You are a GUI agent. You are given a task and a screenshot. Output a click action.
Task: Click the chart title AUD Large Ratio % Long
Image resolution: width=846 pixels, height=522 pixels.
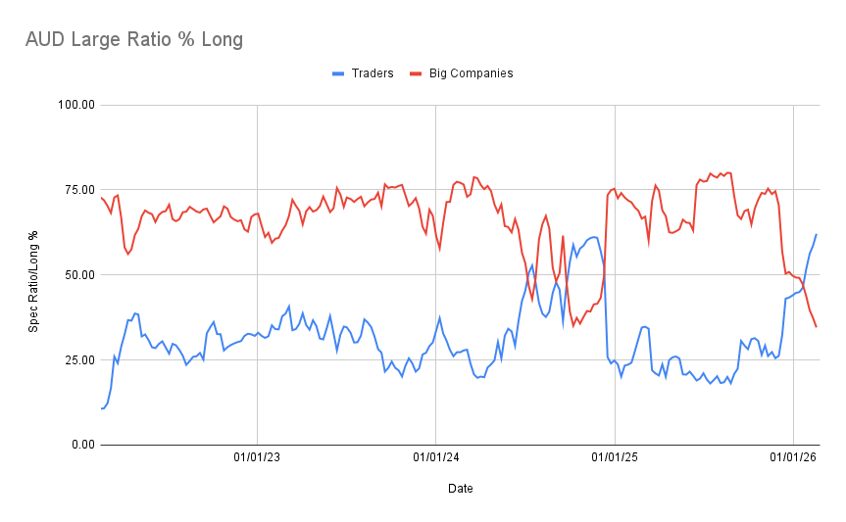133,40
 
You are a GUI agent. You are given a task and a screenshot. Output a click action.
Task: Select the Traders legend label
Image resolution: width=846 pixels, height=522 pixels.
373,72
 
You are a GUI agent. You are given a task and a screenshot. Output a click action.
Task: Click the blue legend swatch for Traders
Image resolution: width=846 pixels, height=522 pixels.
338,72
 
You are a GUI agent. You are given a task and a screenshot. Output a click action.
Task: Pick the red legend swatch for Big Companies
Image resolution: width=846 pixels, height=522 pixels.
416,72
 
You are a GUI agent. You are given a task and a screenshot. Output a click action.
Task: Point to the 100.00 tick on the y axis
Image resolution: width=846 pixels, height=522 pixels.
75,105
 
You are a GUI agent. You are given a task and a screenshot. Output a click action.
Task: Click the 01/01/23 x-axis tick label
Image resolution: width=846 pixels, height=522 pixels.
257,455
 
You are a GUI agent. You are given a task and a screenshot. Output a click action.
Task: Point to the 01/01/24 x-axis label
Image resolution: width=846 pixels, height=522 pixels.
436,455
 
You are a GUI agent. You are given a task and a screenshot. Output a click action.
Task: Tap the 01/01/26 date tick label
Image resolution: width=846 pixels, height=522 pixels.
793,455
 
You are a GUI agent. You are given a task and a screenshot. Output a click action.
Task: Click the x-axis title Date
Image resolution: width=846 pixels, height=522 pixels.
461,488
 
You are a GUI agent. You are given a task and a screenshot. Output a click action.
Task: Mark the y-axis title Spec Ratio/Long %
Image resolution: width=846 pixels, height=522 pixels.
33,275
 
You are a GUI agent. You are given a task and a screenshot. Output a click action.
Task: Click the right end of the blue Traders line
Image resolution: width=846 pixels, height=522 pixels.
817,234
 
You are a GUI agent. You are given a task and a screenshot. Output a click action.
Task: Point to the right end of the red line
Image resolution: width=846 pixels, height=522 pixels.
817,326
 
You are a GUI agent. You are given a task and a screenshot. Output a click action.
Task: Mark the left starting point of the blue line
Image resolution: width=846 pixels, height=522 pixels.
101,408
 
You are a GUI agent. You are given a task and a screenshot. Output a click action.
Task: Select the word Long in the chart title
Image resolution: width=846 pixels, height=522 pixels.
221,40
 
